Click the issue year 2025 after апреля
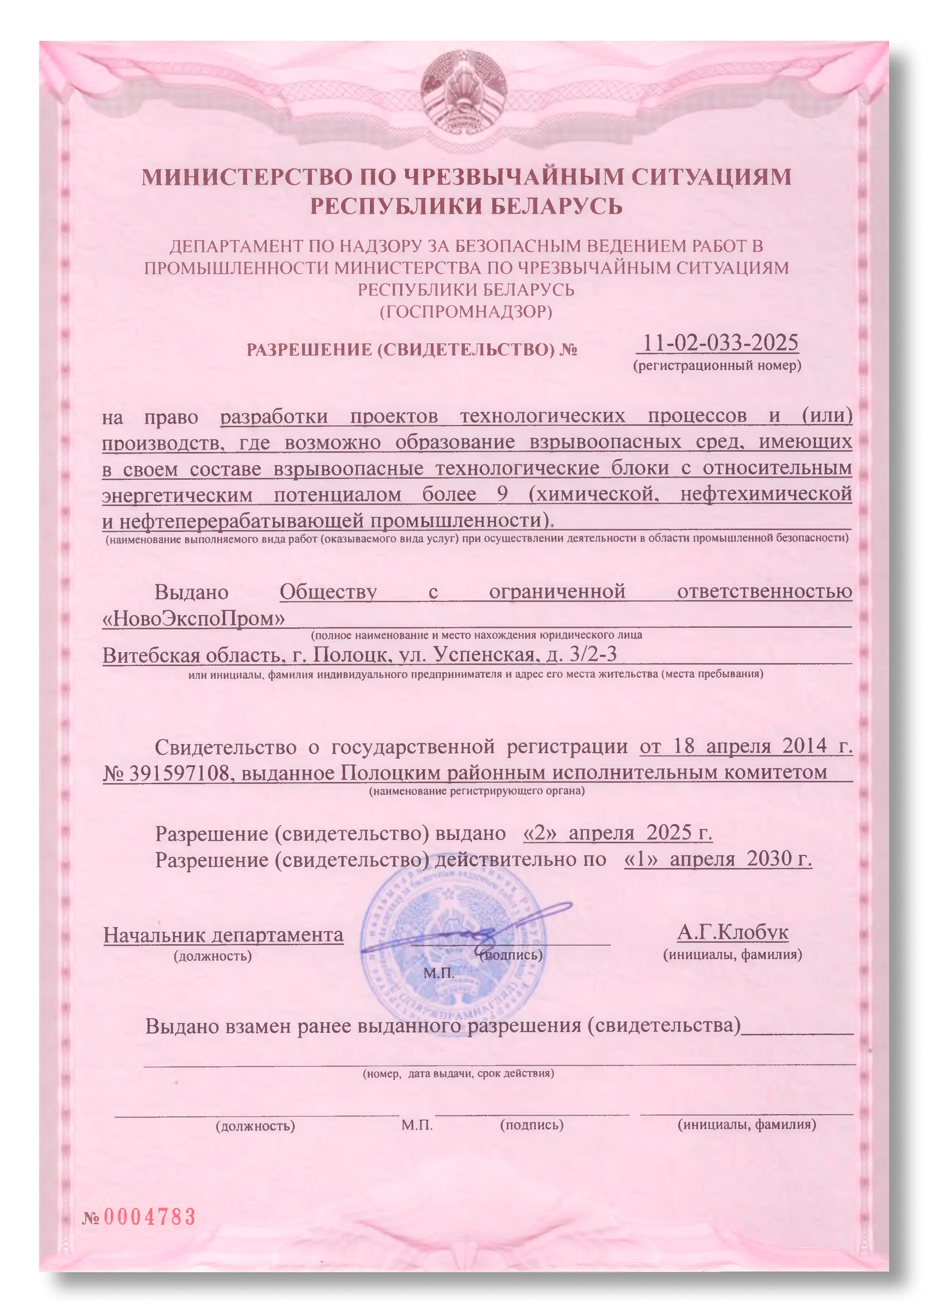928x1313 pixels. (669, 833)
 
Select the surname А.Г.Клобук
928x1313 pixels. (732, 933)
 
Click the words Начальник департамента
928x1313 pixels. (223, 935)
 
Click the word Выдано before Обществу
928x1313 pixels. (192, 592)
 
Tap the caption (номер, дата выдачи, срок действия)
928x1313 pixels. (458, 1074)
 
